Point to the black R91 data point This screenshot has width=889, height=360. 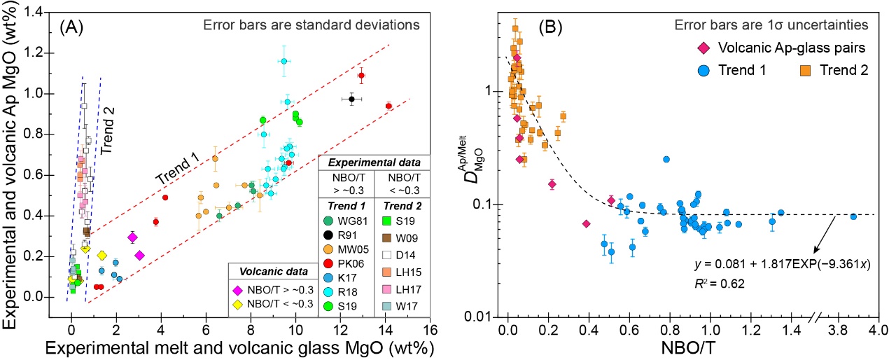[x=352, y=99]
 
